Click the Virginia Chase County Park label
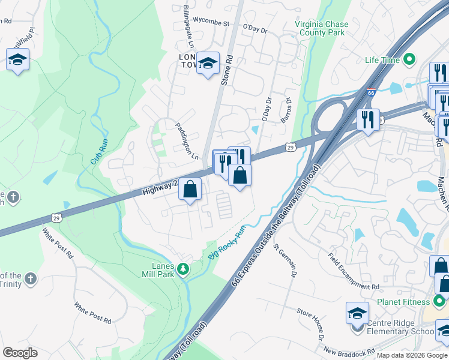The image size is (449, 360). (x=321, y=28)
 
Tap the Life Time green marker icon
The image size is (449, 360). (x=410, y=60)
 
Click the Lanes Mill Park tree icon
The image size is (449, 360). (x=183, y=268)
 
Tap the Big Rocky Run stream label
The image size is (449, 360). (x=228, y=242)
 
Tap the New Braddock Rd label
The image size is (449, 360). (x=349, y=350)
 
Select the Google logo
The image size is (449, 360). (x=19, y=353)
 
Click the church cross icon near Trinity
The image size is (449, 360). (x=30, y=278)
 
